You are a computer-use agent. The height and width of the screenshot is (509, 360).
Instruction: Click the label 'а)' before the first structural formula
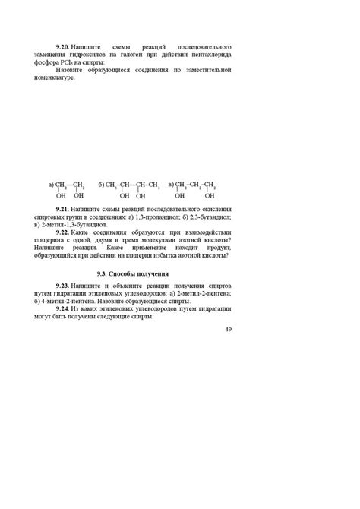(x=51, y=184)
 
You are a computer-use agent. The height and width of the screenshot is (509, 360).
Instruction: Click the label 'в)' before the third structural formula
(x=171, y=184)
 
